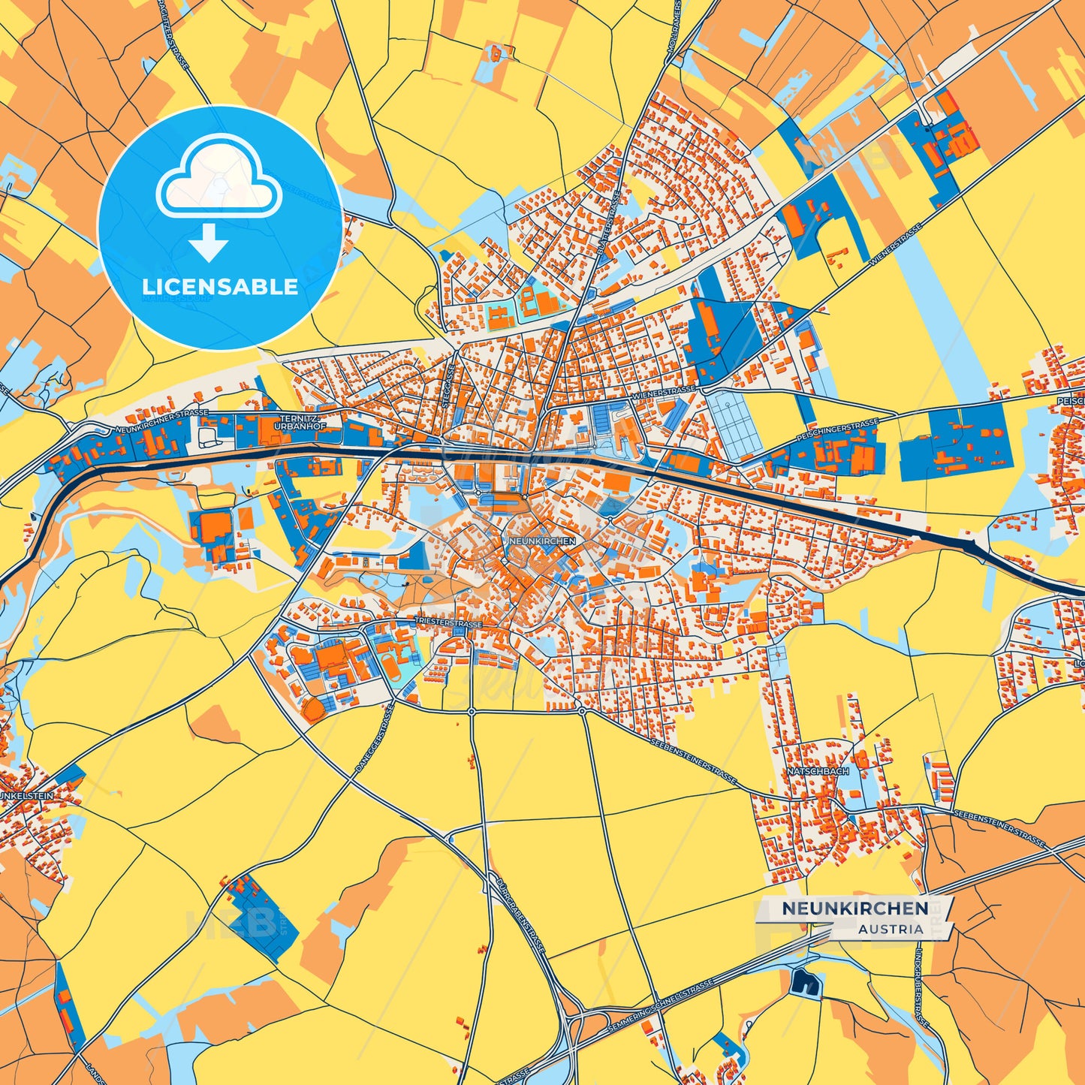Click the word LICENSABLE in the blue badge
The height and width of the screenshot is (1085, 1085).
pos(220,287)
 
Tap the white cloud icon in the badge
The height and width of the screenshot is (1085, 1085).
pos(219,180)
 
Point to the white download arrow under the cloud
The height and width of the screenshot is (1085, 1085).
pos(209,244)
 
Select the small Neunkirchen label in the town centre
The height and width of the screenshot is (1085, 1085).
pos(542,541)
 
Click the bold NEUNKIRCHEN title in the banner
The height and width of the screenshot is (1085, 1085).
pos(854,909)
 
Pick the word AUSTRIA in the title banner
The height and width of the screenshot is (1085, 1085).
pos(891,929)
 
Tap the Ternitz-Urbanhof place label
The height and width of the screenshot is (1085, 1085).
pos(298,421)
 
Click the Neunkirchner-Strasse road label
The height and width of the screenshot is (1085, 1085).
pos(162,421)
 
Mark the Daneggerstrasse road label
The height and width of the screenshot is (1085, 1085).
pos(375,740)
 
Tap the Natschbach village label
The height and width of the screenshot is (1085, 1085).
pos(818,771)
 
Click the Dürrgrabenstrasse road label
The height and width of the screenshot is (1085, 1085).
pos(517,915)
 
